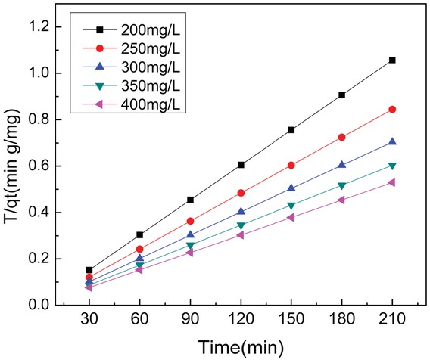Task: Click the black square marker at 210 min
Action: (x=392, y=60)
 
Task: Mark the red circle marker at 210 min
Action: (x=392, y=110)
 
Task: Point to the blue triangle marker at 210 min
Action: (x=392, y=141)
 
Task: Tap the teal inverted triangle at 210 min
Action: (x=392, y=166)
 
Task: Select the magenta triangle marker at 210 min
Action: (x=392, y=182)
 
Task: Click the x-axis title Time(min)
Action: (x=240, y=346)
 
